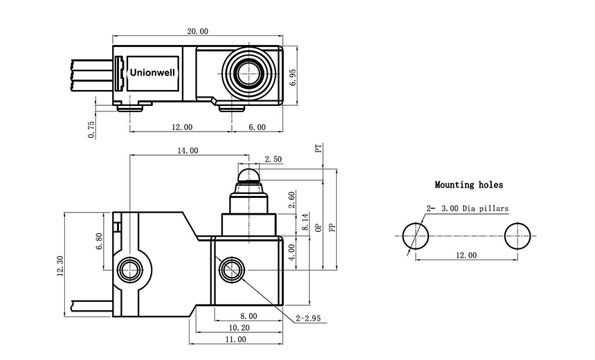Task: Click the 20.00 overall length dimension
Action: tap(197, 31)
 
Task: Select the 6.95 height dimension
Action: tap(293, 77)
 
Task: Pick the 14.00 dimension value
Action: tap(187, 150)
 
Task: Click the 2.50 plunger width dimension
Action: tap(273, 159)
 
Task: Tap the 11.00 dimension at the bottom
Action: tap(235, 339)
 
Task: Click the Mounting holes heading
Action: tap(468, 185)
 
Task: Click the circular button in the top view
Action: tap(246, 71)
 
